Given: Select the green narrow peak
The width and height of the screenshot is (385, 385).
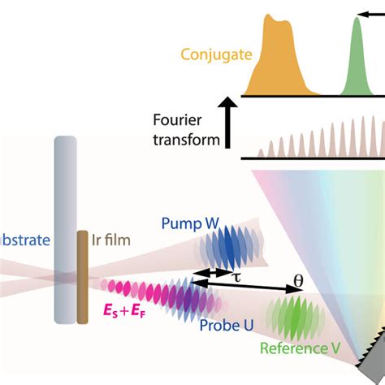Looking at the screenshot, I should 355,57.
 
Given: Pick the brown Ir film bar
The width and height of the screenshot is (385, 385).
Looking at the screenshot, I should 82,276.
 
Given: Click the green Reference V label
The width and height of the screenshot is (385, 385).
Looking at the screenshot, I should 301,349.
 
